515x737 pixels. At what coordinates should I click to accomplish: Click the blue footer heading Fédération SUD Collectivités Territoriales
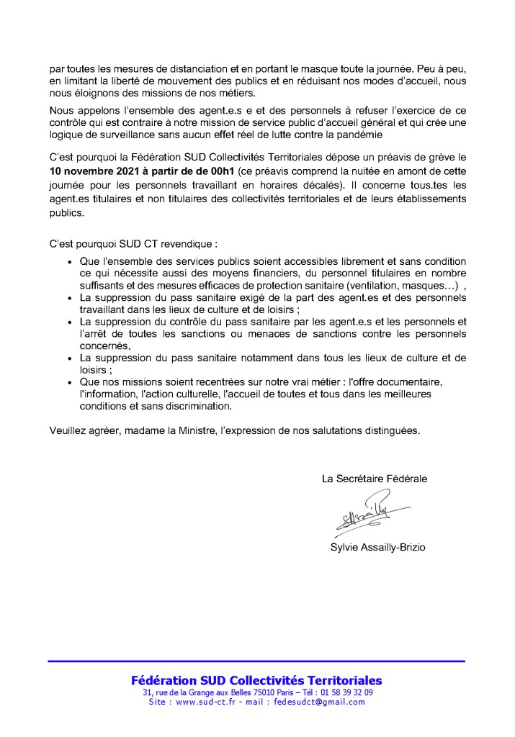point(256,680)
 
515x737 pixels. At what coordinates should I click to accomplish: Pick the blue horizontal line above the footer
point(256,661)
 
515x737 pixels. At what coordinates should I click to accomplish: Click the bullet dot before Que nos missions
point(69,381)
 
